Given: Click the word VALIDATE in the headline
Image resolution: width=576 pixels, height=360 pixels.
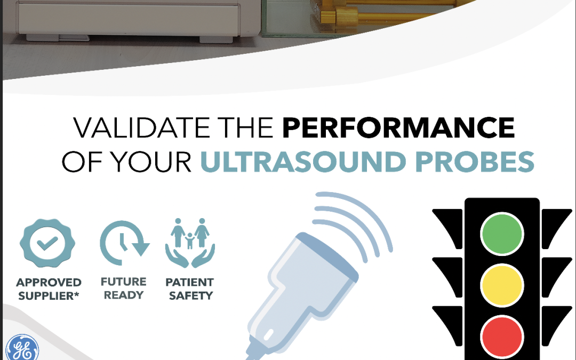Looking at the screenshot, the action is point(142,127).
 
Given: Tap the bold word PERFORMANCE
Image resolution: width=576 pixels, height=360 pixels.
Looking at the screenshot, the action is point(398,127).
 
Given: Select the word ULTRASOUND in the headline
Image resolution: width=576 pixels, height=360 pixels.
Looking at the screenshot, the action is point(303,162).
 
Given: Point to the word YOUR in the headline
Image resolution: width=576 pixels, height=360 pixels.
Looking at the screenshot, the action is point(150,162).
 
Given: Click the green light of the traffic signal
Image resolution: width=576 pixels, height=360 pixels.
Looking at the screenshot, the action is point(502,234).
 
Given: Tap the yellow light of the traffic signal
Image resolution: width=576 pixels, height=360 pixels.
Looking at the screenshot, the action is point(502,285).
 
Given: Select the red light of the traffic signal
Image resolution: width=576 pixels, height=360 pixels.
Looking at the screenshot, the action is point(502,337).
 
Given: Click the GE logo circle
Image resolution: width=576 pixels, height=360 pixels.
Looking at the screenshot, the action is point(22,348).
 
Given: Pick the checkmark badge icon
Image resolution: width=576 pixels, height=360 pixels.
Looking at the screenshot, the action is point(47,243).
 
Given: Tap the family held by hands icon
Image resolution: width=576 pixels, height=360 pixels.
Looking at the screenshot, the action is point(190,243).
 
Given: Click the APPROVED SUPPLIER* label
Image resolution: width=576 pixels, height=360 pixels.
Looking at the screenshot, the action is point(49,289).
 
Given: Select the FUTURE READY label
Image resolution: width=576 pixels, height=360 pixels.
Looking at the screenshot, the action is point(123,289).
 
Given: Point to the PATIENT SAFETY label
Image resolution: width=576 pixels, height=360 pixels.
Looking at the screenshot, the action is point(190,289).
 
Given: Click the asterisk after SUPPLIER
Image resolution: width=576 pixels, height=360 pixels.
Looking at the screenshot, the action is point(76,293).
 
